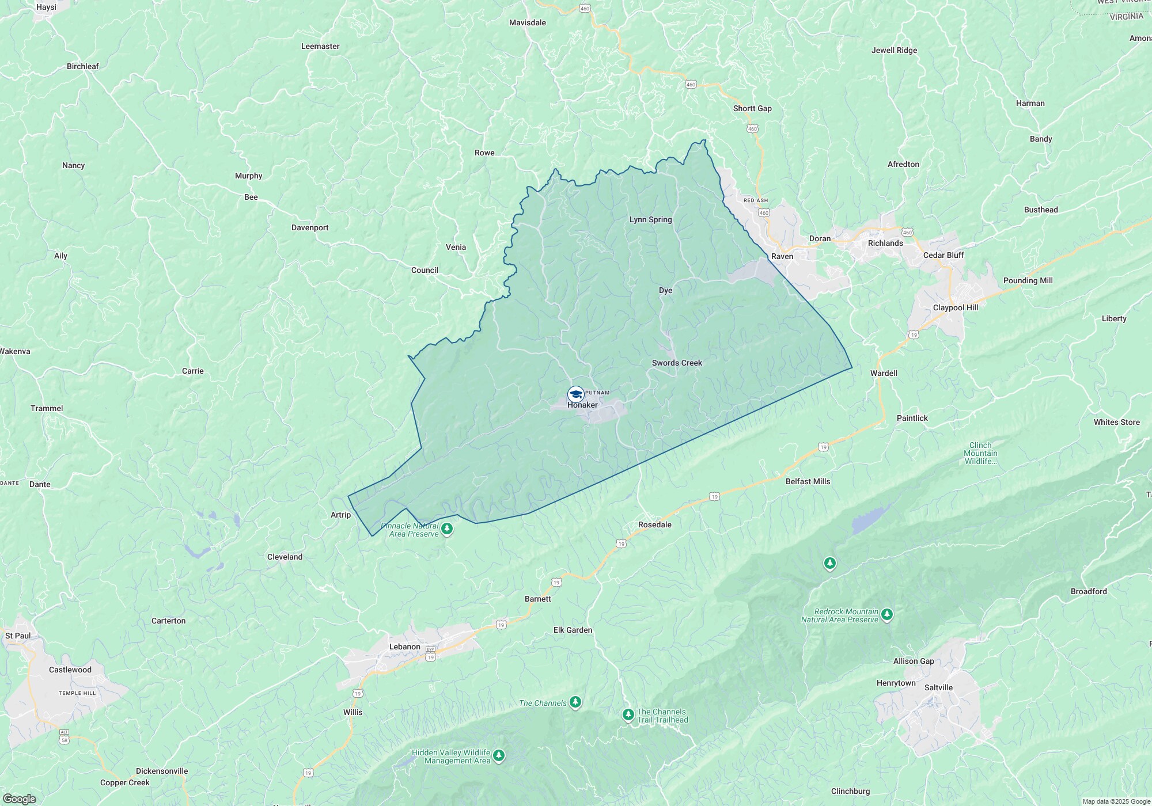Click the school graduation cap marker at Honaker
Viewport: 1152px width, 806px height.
pyautogui.click(x=575, y=394)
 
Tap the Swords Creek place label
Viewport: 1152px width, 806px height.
pyautogui.click(x=677, y=363)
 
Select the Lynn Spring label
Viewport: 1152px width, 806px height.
pyautogui.click(x=650, y=219)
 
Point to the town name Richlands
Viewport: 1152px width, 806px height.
pyautogui.click(x=885, y=243)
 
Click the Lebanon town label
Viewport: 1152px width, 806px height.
pyautogui.click(x=404, y=647)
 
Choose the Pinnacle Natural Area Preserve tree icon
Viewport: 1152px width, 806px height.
pyautogui.click(x=446, y=528)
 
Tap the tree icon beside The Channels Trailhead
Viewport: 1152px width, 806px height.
pyautogui.click(x=628, y=715)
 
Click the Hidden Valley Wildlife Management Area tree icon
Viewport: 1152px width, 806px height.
pyautogui.click(x=499, y=755)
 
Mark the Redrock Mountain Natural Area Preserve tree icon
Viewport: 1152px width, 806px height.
pyautogui.click(x=887, y=615)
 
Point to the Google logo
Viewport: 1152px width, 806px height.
pyautogui.click(x=19, y=799)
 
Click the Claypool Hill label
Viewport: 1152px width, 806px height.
pyautogui.click(x=955, y=307)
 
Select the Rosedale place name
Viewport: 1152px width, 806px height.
pyautogui.click(x=654, y=524)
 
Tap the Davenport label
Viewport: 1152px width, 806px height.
pyautogui.click(x=310, y=227)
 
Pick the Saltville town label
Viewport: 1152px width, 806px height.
pyautogui.click(x=938, y=687)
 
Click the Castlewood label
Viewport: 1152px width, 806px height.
pyautogui.click(x=70, y=670)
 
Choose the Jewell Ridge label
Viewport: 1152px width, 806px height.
pyautogui.click(x=894, y=50)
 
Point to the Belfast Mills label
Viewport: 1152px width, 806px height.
pyautogui.click(x=808, y=481)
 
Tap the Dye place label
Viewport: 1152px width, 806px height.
pyautogui.click(x=665, y=290)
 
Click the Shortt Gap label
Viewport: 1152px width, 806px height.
pyautogui.click(x=752, y=108)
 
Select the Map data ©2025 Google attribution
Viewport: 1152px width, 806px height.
pyautogui.click(x=1116, y=801)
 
